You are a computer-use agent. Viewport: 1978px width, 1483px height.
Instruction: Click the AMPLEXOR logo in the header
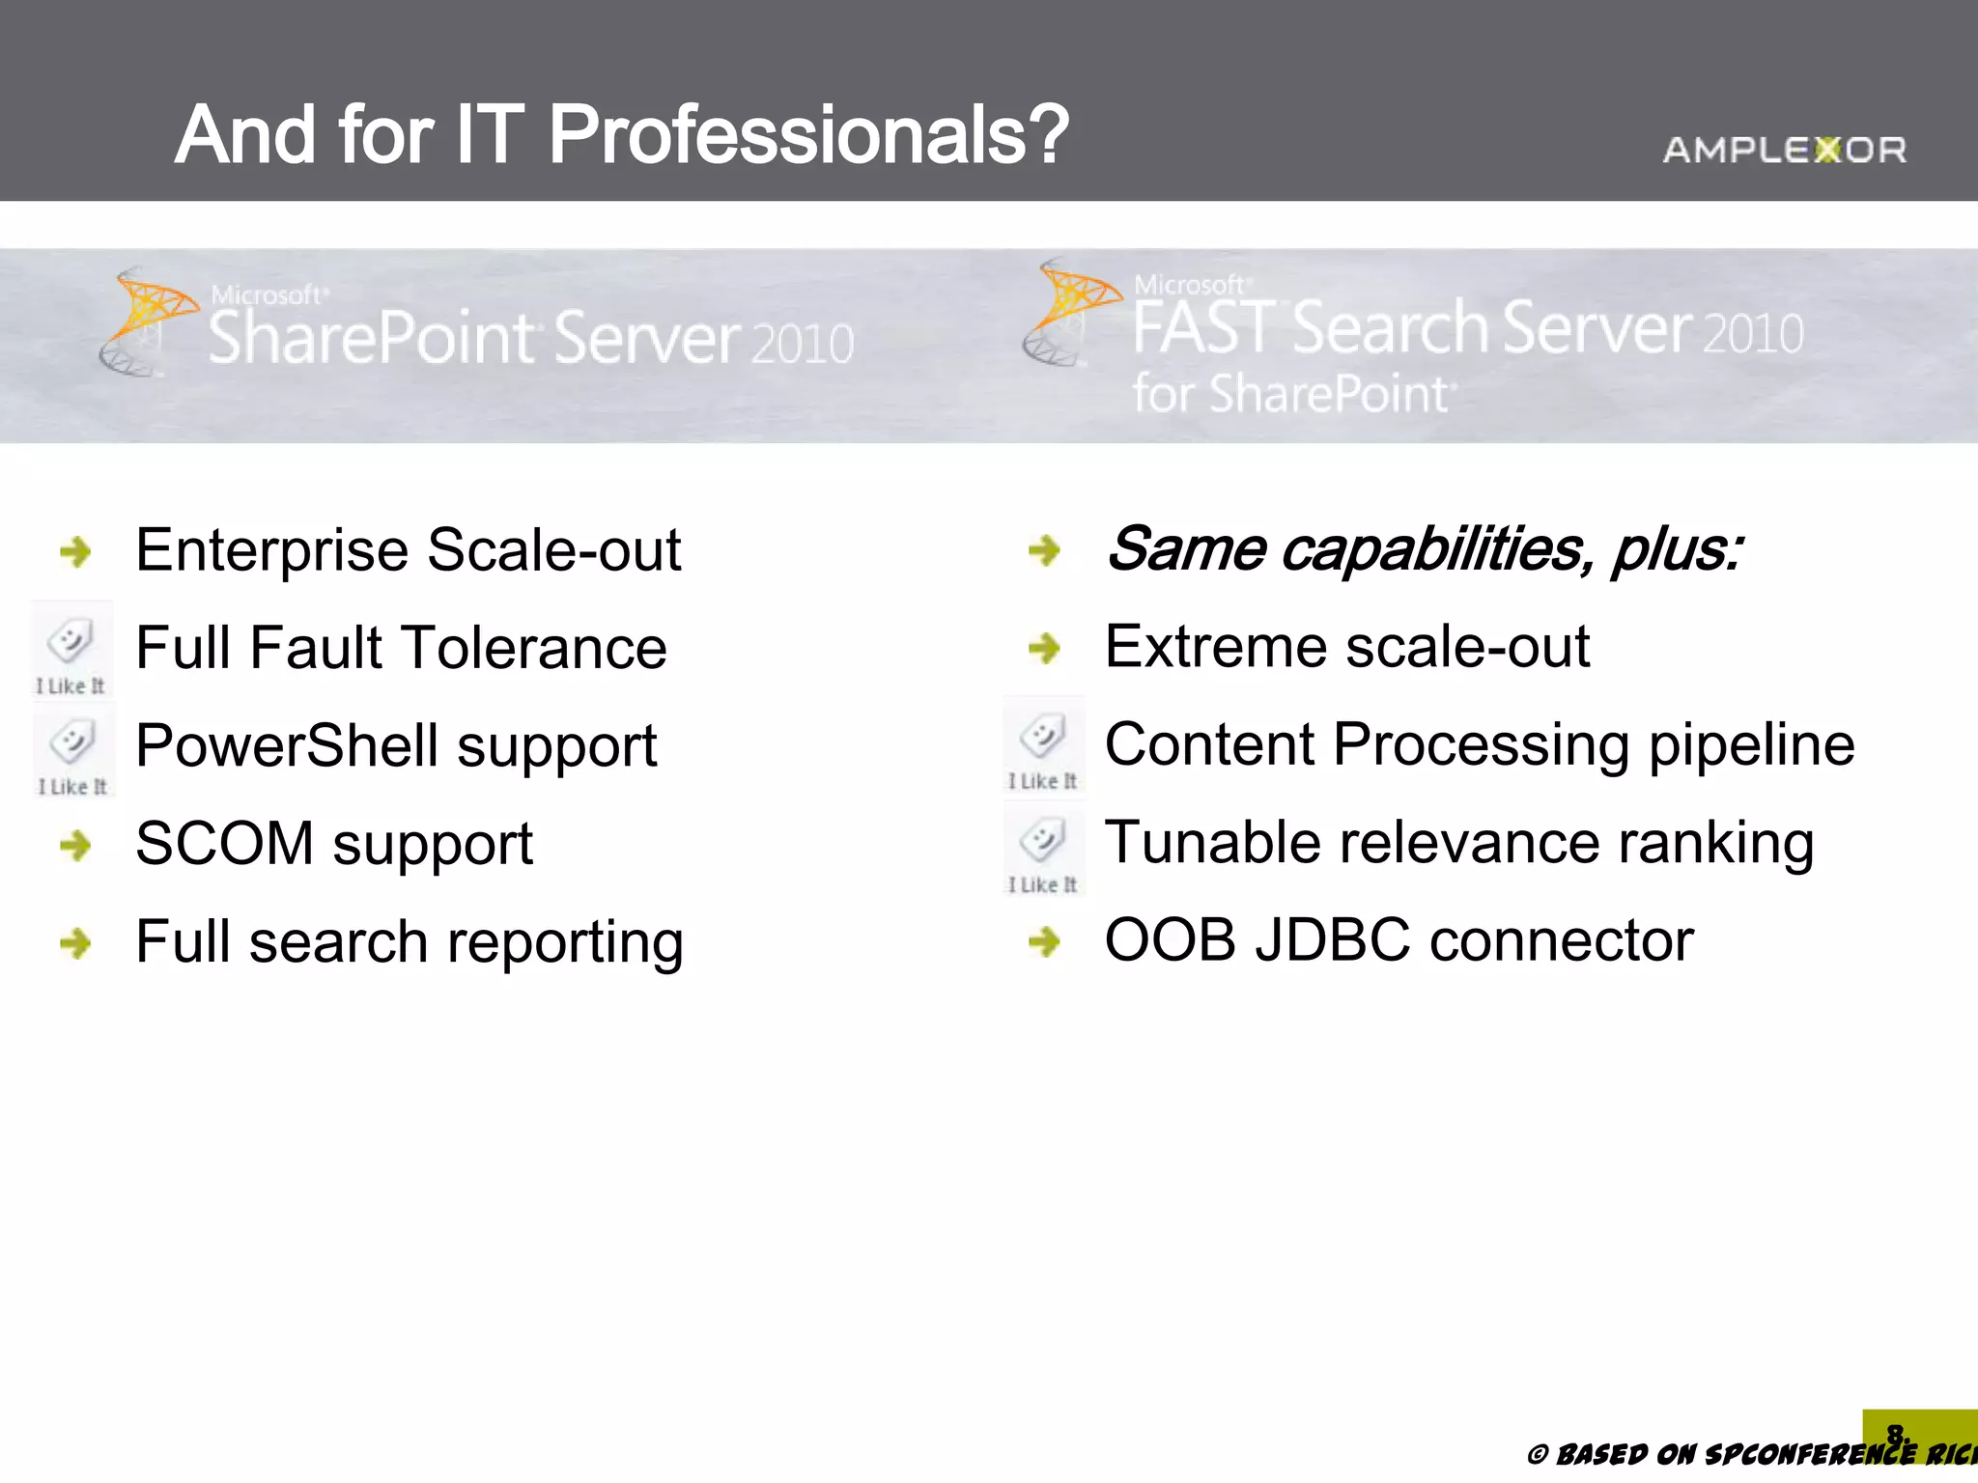point(1784,150)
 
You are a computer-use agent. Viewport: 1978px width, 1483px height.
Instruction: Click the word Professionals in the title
point(808,135)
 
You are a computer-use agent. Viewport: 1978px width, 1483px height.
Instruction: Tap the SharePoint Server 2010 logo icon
point(145,322)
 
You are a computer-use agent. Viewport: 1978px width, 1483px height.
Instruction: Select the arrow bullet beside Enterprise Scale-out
point(75,551)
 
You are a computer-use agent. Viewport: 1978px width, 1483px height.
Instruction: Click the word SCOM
point(224,843)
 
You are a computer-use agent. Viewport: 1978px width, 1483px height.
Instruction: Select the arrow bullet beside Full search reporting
point(75,942)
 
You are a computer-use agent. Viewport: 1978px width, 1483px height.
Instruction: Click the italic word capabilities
point(1436,549)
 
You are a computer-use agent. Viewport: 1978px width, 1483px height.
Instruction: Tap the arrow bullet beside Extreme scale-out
point(1044,647)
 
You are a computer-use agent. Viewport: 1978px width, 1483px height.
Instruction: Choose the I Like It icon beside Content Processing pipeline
point(1043,747)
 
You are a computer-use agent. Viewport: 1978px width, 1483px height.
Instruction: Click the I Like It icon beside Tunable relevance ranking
point(1043,849)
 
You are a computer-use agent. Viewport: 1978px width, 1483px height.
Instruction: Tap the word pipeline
point(1751,745)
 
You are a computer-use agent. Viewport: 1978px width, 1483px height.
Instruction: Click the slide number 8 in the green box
point(1895,1432)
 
